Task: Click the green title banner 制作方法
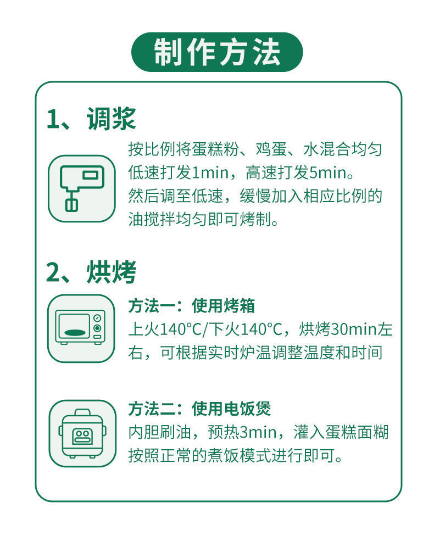pos(217,52)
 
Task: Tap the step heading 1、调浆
pos(91,119)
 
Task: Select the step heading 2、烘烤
pos(91,272)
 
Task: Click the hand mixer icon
pos(81,188)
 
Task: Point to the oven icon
pos(81,328)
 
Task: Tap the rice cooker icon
pos(82,433)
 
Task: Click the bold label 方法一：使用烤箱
pos(192,305)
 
